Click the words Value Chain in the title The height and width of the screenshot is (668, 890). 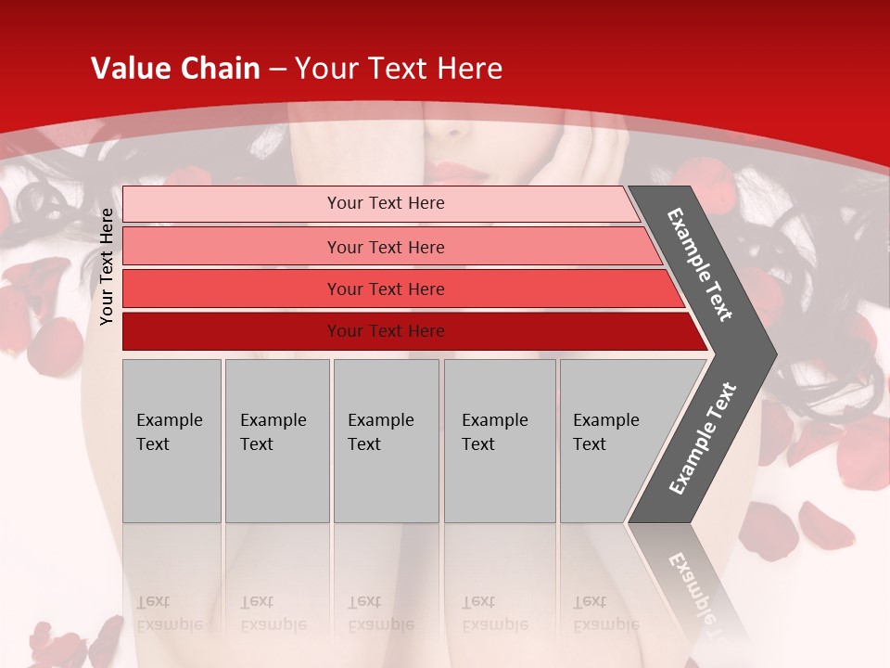[175, 69]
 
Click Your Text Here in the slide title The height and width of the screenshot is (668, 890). [399, 69]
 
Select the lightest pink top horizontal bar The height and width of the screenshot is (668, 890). [232, 204]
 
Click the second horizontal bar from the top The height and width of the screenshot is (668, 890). [232, 247]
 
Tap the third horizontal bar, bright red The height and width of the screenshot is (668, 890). [232, 289]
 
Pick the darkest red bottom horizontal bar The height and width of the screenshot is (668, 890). [232, 331]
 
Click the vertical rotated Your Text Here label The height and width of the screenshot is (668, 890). [107, 266]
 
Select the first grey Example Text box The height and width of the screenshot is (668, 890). [172, 441]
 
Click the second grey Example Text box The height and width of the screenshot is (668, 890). [276, 441]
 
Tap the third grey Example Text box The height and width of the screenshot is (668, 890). [386, 441]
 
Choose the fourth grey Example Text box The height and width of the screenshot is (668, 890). [499, 441]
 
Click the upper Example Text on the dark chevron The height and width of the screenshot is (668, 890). [701, 264]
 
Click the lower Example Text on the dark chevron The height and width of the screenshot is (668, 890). [703, 439]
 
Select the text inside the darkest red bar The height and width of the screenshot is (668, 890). [386, 331]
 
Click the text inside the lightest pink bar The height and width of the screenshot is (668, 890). [386, 203]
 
